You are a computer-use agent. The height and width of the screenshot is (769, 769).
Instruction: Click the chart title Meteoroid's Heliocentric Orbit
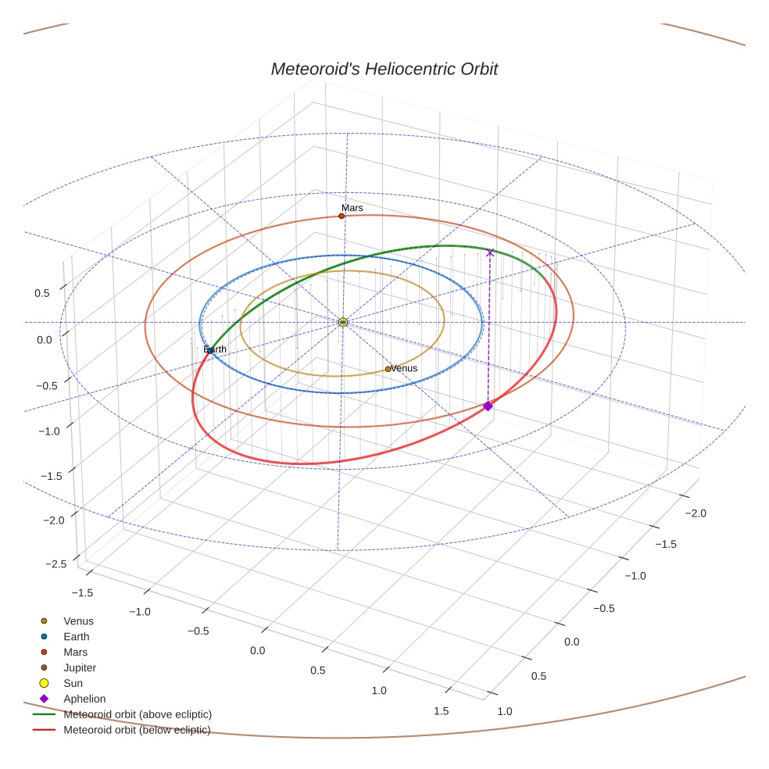tap(384, 69)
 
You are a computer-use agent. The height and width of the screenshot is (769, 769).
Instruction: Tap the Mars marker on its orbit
tap(342, 215)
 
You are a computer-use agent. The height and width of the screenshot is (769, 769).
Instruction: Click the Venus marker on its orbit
tap(388, 369)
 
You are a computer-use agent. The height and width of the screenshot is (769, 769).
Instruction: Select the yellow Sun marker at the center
tap(342, 322)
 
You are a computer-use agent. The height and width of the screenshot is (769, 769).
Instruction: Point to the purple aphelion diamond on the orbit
tap(488, 406)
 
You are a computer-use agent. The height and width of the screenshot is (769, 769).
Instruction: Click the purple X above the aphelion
tap(490, 252)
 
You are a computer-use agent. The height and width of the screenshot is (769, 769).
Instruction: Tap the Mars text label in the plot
tap(352, 208)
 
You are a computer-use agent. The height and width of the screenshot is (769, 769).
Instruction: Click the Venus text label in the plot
tap(404, 368)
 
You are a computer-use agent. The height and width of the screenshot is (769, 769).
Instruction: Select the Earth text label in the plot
tap(215, 349)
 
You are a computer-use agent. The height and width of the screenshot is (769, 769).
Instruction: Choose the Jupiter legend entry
tap(79, 667)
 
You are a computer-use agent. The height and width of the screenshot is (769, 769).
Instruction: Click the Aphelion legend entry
tap(84, 699)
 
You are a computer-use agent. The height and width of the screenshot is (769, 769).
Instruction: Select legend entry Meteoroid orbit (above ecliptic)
tap(137, 714)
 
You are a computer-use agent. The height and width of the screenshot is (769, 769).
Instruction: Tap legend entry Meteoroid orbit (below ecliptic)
tap(137, 730)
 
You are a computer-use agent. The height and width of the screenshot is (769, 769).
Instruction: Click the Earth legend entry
tap(76, 636)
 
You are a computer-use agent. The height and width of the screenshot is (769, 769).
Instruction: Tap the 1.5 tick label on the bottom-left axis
tap(441, 710)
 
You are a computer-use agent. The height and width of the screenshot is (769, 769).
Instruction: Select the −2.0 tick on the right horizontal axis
tap(695, 513)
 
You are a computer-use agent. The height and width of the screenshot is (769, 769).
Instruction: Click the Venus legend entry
tap(78, 621)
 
